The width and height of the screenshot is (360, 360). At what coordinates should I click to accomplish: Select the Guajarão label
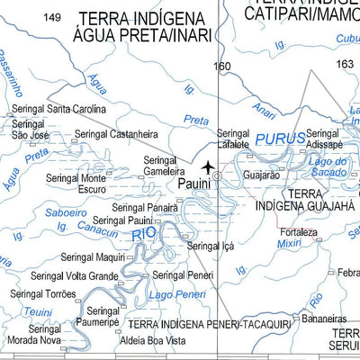pos(262,175)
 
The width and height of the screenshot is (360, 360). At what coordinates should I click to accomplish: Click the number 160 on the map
pos(222,66)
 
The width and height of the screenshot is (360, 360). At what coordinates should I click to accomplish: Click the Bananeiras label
pos(325,318)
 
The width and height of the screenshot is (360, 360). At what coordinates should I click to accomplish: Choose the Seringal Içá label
pos(210,245)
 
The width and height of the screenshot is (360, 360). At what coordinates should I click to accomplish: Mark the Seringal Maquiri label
pos(93,256)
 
